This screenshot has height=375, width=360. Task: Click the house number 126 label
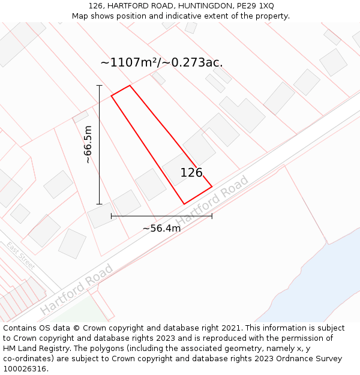click(x=191, y=173)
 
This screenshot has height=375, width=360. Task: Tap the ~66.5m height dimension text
click(x=88, y=145)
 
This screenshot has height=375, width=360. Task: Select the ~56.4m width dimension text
click(x=161, y=228)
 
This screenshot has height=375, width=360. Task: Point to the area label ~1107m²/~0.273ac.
click(x=161, y=62)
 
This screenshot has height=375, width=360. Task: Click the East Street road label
click(x=21, y=256)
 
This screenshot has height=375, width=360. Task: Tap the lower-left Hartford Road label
click(x=76, y=289)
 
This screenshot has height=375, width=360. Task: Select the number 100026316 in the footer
click(x=25, y=369)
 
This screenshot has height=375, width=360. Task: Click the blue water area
click(x=312, y=282)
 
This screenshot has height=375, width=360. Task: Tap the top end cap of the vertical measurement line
click(x=100, y=86)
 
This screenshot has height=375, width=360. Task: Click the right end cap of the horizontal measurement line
click(x=212, y=216)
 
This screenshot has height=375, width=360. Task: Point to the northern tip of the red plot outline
click(x=130, y=85)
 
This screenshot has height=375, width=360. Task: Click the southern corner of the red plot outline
click(x=184, y=204)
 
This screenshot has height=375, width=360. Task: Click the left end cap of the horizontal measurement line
click(x=112, y=216)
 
